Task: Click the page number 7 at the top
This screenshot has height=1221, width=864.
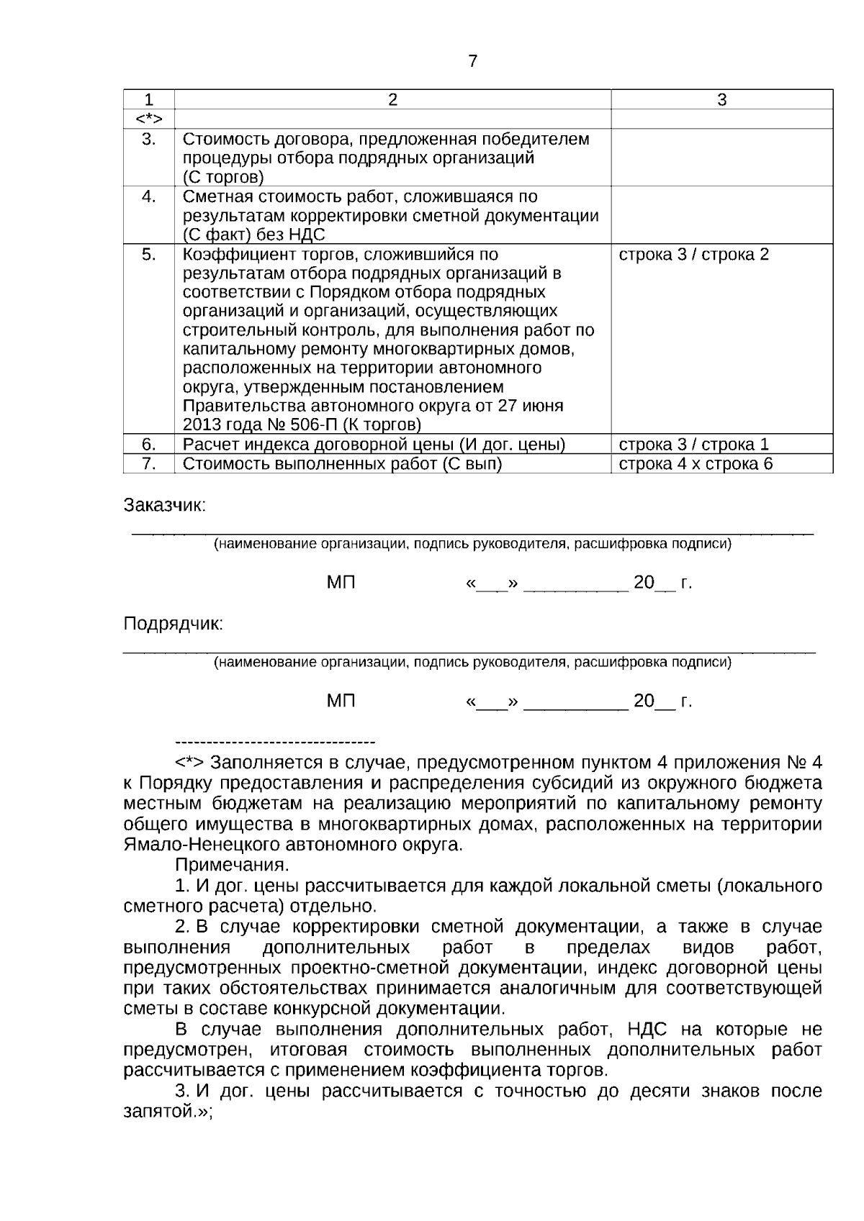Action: coord(472,61)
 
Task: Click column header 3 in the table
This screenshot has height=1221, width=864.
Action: coord(721,100)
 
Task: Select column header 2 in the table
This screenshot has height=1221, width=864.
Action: coord(392,100)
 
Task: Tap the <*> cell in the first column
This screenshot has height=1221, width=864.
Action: coord(148,119)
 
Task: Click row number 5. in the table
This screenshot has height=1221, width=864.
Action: coord(148,255)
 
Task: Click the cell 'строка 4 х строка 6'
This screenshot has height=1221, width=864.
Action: coord(696,463)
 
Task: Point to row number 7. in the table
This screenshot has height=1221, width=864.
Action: coord(148,463)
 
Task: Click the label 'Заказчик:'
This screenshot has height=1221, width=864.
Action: coord(165,505)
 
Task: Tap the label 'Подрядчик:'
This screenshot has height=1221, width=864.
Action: coord(174,623)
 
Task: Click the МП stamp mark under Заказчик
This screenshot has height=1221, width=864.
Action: coord(341,583)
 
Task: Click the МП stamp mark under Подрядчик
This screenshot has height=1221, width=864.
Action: coord(341,701)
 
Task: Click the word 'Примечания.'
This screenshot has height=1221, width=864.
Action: coord(232,864)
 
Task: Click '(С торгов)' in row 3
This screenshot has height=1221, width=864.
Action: coord(223,177)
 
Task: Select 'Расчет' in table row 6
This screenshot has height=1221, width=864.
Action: coord(208,445)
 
